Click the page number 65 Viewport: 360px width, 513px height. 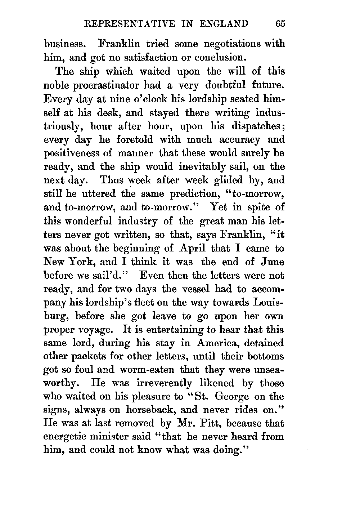click(x=279, y=24)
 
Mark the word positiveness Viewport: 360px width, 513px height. click(x=75, y=153)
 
